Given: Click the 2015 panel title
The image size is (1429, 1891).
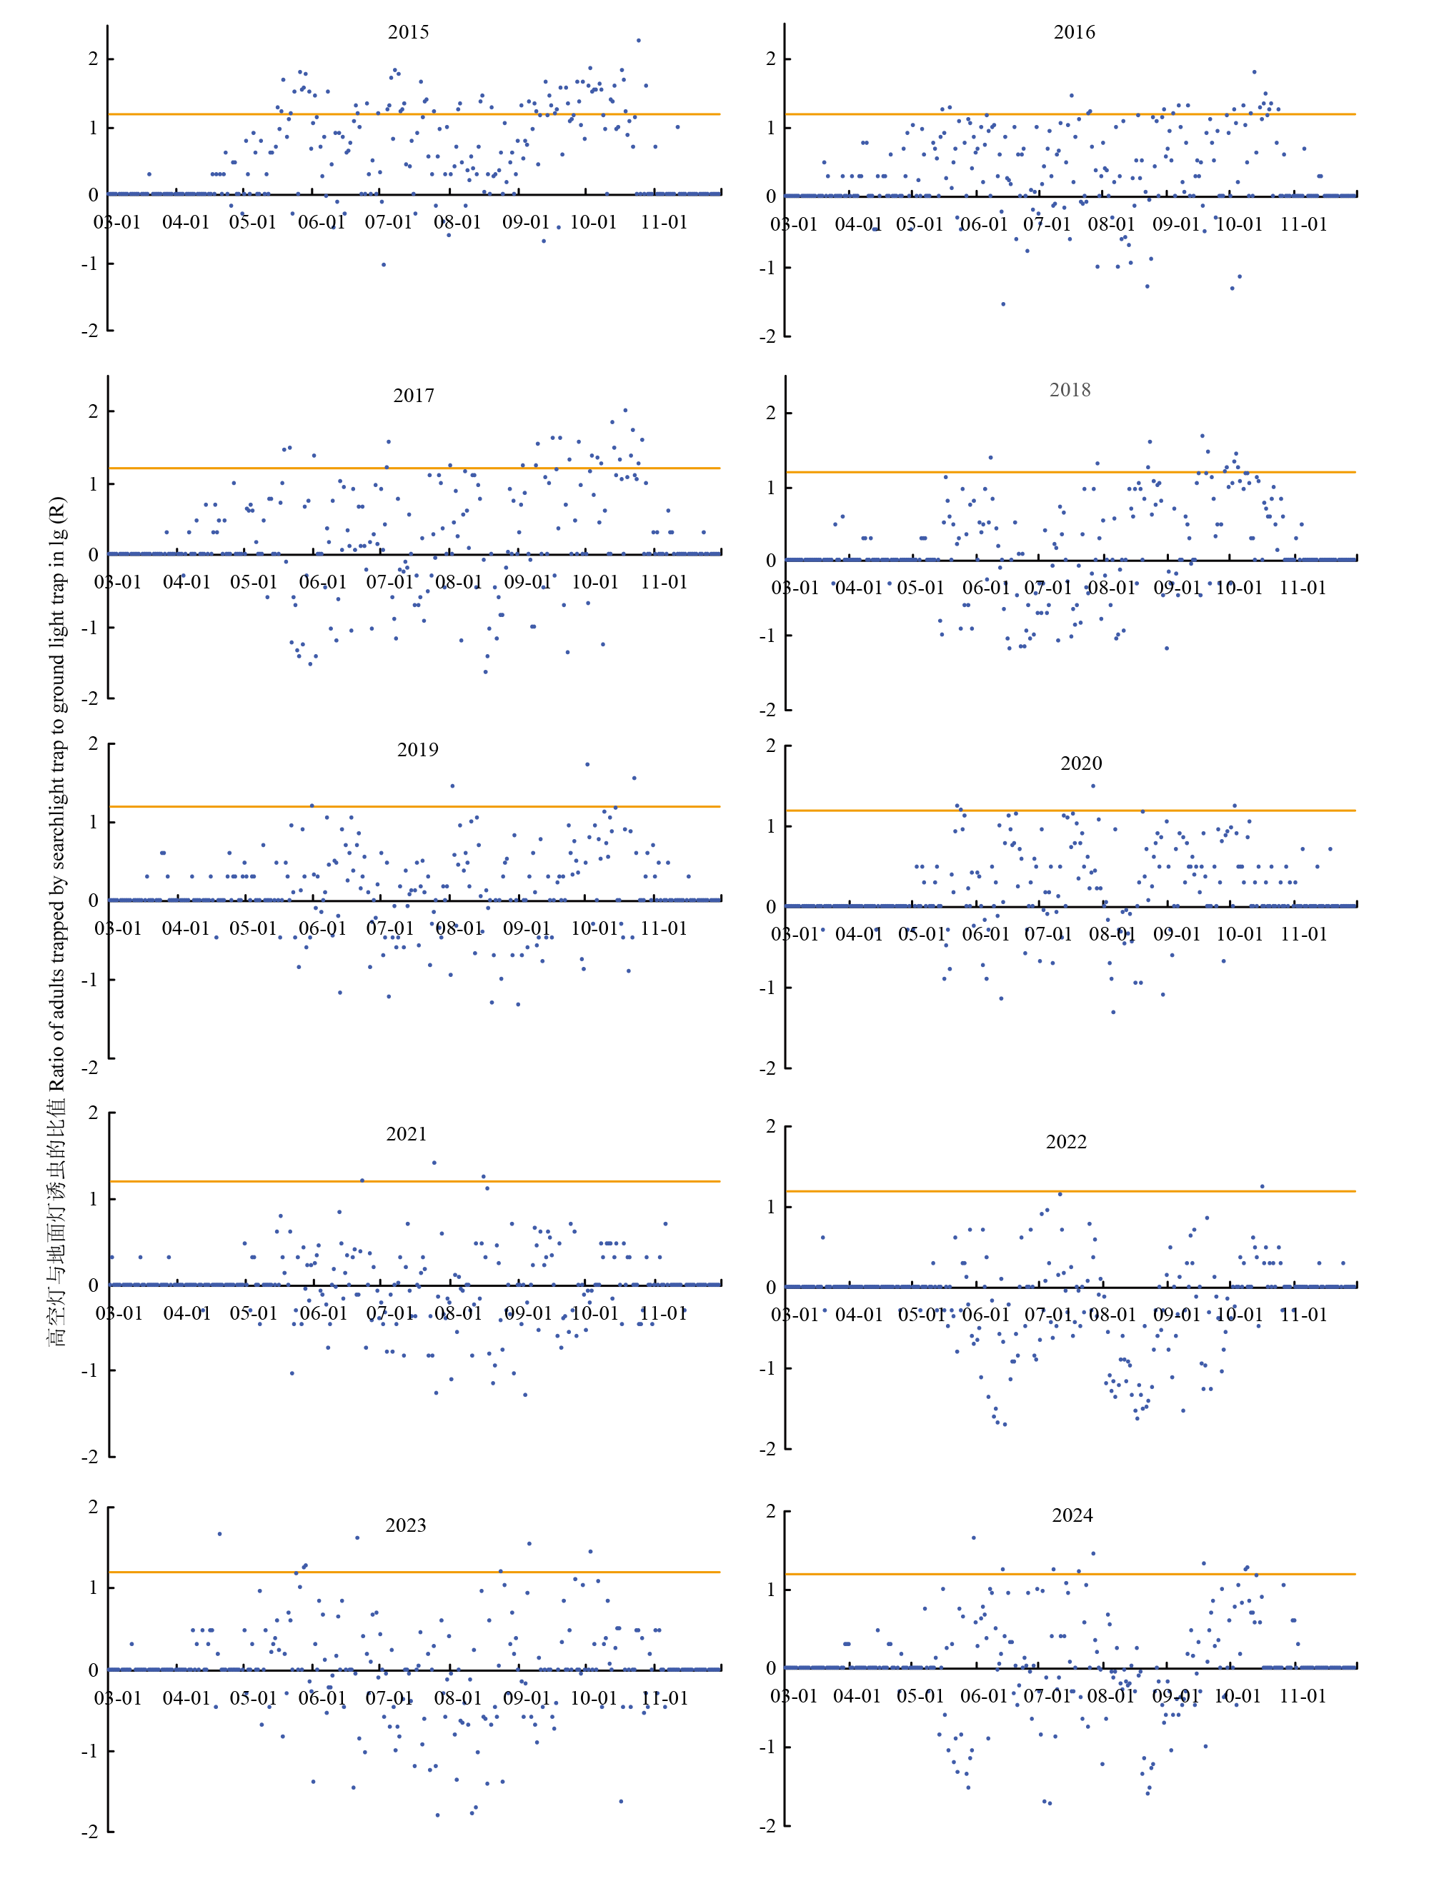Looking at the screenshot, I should coord(408,32).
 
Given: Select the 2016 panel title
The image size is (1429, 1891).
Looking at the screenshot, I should coord(1073,32).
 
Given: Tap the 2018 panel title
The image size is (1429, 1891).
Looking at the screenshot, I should coord(1069,390).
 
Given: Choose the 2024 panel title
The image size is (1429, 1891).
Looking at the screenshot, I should coord(1072,1515).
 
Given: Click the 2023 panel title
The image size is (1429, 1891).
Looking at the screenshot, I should coord(404,1525).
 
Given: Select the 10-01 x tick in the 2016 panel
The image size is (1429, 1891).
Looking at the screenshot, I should coord(1238,225).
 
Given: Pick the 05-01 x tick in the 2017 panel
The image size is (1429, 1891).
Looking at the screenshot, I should coord(253,582).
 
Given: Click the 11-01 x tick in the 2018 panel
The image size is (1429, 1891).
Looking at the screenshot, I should coord(1302,588).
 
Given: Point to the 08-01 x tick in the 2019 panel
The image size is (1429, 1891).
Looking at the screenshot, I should coord(459,928).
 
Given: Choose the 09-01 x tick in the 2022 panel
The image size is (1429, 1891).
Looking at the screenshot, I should coord(1176,1315).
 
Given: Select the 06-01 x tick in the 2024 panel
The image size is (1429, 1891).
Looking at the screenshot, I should coord(983,1696).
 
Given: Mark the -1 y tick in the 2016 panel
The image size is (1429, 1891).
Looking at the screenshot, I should coord(770,268).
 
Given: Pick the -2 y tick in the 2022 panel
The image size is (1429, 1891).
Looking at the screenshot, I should coord(770,1449).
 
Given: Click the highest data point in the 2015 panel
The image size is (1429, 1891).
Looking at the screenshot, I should coord(638,40).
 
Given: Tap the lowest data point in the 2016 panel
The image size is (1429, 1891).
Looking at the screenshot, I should coord(1003,304).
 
